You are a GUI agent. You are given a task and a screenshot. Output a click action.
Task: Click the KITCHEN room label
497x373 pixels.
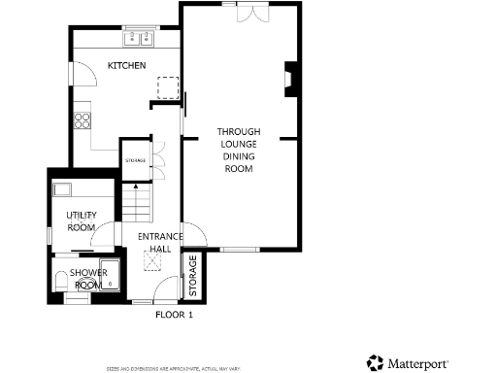pos(127,66)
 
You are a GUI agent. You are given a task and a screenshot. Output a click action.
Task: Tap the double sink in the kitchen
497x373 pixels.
pos(140,39)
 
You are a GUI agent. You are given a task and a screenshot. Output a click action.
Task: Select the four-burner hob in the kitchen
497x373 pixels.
pos(83,121)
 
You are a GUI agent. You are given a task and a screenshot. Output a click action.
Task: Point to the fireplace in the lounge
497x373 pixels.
pos(289,81)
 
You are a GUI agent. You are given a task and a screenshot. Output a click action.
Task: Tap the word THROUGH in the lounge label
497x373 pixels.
pos(238,131)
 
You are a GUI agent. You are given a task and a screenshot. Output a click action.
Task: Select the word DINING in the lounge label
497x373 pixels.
pos(238,156)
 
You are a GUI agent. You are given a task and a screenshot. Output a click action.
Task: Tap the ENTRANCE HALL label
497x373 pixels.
pos(154,243)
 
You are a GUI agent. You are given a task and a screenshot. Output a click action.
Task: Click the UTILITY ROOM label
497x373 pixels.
pos(81,220)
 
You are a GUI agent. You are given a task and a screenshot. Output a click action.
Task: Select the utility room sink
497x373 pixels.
pos(63,190)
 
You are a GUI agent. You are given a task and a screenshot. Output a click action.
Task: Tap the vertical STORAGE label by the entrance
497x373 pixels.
pos(193,276)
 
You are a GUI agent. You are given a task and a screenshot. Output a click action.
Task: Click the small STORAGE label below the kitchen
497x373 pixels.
pos(135,160)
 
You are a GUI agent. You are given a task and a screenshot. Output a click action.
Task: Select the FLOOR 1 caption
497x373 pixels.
pos(175,315)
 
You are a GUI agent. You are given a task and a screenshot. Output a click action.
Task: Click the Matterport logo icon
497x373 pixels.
pos(375,362)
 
